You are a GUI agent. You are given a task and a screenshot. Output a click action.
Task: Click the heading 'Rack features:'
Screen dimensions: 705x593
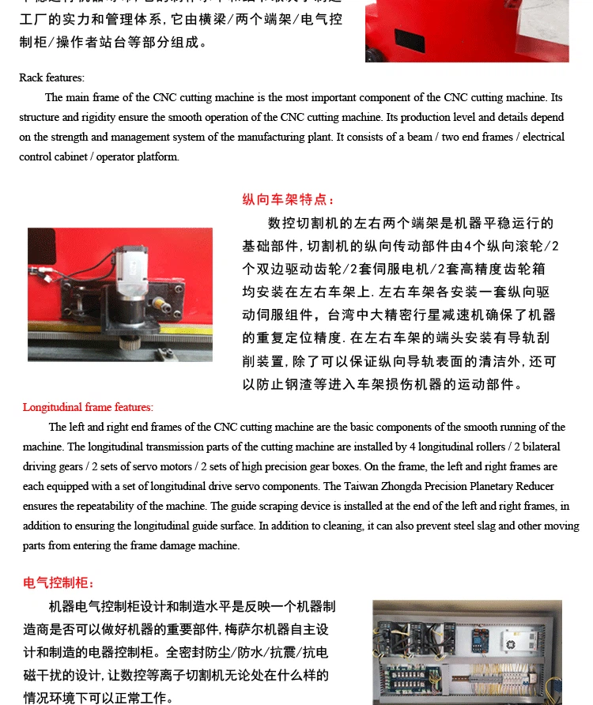pos(51,77)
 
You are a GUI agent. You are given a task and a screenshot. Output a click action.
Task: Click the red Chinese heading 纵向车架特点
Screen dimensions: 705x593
pos(289,200)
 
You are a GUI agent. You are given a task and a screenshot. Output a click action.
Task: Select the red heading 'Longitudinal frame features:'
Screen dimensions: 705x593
pos(88,408)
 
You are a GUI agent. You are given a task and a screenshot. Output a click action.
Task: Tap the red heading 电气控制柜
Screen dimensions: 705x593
pos(59,583)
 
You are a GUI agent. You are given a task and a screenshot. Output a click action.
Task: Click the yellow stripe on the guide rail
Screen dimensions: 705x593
pos(119,352)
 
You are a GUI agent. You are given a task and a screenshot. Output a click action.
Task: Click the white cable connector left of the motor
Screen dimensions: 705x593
pos(50,277)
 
